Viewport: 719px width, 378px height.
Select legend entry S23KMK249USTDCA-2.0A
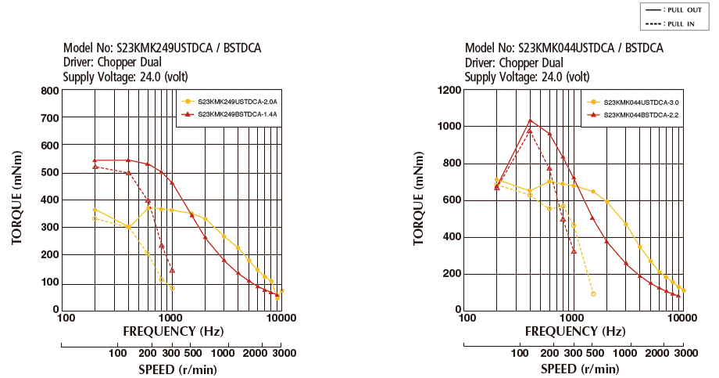pos(238,102)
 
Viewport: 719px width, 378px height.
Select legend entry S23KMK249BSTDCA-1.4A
pos(238,114)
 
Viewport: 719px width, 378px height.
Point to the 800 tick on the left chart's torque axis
pos(49,91)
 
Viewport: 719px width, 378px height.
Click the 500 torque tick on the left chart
pos(49,173)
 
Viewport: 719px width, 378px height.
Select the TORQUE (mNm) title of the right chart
pos(419,200)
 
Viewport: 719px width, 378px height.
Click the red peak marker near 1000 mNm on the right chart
pos(530,121)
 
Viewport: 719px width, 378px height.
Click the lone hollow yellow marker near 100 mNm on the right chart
pos(593,294)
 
